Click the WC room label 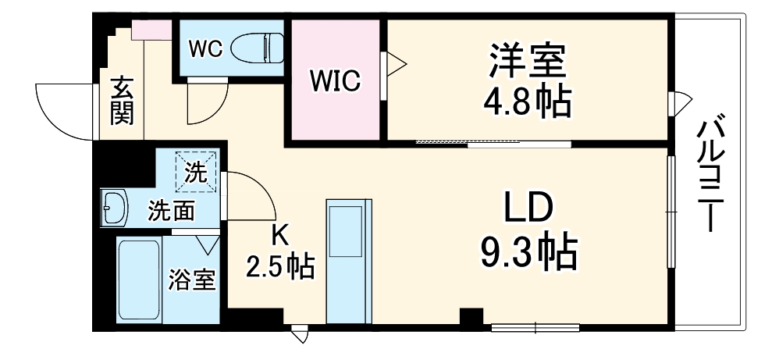pyautogui.click(x=206, y=48)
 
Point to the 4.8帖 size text pyautogui.click(x=528, y=101)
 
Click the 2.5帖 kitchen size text pyautogui.click(x=280, y=267)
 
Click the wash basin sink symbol pyautogui.click(x=116, y=209)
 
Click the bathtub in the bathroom pyautogui.click(x=139, y=279)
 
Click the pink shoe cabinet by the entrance pyautogui.click(x=151, y=30)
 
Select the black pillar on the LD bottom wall pyautogui.click(x=471, y=319)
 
